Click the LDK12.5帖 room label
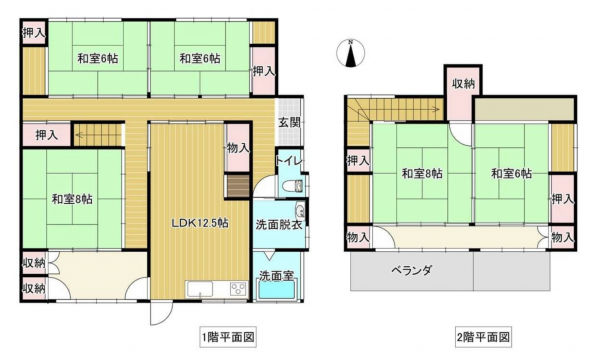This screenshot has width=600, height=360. [199, 222]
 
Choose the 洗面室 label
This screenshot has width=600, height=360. [275, 274]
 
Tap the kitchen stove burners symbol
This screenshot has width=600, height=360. [238, 289]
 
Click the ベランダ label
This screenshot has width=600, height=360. [411, 270]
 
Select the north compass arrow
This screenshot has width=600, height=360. [351, 55]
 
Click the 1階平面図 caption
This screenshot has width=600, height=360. [229, 337]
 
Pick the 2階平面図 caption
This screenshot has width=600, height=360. [485, 337]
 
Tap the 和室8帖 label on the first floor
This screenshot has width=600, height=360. [72, 197]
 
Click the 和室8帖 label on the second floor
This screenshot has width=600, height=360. [423, 174]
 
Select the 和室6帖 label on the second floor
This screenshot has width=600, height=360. [511, 174]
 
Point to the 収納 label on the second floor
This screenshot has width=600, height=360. [462, 83]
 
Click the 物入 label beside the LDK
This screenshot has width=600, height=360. [238, 147]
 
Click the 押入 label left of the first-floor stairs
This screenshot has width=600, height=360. [46, 133]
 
